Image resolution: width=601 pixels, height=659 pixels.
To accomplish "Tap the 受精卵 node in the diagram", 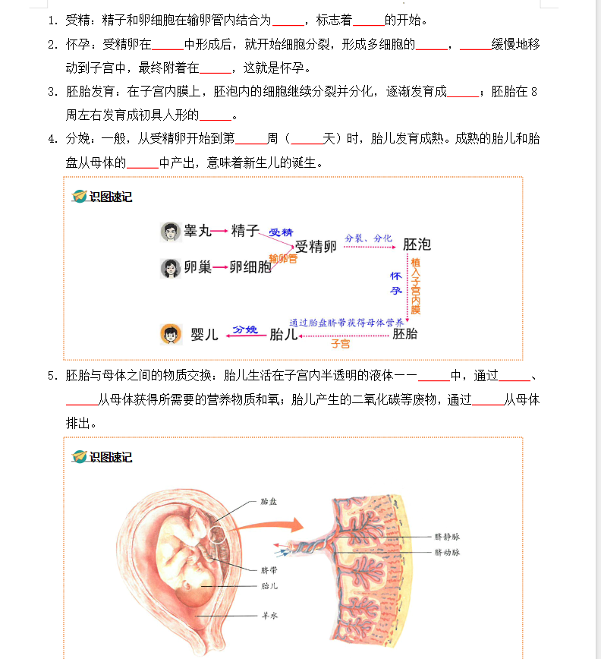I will coord(316,246).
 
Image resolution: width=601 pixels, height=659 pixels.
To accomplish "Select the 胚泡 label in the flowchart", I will coord(417,244).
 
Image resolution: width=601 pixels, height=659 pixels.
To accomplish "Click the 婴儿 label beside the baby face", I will coord(204,334).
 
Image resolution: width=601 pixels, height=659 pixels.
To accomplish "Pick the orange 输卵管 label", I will coord(283,259).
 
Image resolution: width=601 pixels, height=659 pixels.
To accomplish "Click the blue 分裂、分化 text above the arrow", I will coord(368,238).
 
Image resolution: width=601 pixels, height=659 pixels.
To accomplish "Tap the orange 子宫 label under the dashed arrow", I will coord(340,344).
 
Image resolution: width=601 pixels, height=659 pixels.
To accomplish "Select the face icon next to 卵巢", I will coord(170,267).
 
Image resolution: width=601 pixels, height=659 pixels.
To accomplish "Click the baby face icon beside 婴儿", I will coord(170,333).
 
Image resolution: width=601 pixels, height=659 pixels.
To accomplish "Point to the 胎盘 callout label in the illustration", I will coord(269,501).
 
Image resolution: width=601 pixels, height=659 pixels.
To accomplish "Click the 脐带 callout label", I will coord(269,569).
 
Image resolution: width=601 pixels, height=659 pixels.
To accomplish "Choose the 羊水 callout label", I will coord(269,616).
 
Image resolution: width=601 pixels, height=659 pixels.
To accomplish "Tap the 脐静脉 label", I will coord(447,536).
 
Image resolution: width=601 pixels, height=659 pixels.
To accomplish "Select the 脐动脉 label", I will coord(447,553).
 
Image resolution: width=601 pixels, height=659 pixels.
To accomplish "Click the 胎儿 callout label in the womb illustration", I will coord(269,585).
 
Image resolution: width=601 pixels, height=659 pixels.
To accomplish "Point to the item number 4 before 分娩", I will coord(52,138).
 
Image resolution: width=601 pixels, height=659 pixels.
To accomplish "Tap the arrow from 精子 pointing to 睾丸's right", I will coord(221,231).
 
